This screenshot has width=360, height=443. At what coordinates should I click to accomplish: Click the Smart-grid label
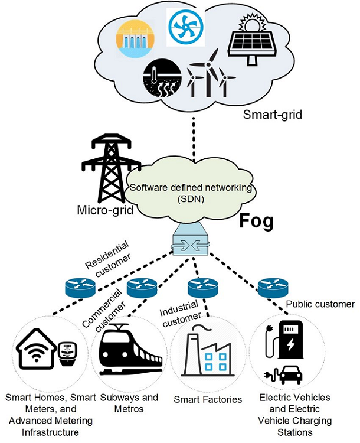point(272,115)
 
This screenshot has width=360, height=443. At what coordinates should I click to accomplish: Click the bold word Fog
point(256,221)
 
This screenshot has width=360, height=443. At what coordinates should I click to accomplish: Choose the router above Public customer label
point(273,287)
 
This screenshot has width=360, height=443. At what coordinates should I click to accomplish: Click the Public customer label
point(320,304)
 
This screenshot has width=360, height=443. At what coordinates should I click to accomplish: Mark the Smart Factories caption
point(208,399)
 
